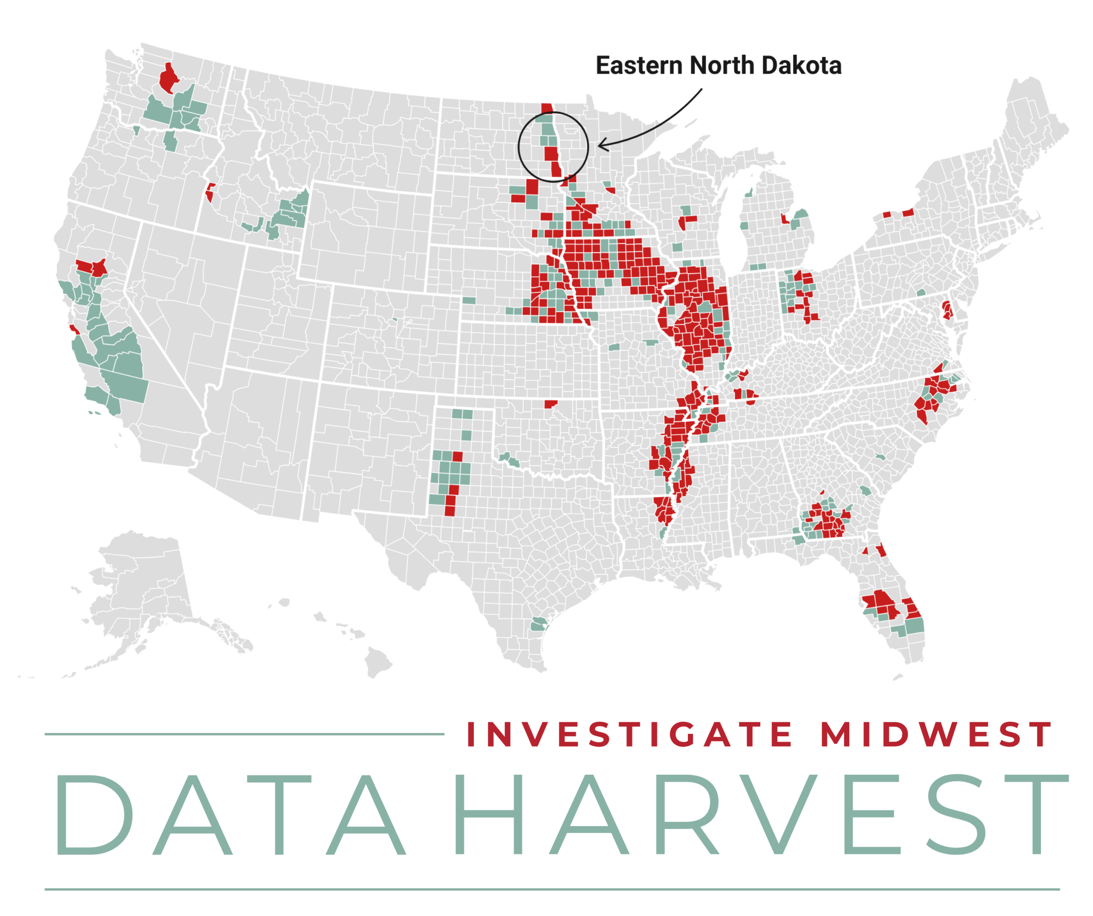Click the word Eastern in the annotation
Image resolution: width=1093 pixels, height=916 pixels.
click(x=639, y=66)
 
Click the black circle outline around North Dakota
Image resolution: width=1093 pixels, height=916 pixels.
click(x=519, y=147)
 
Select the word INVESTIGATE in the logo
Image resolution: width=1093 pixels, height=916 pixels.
click(x=629, y=734)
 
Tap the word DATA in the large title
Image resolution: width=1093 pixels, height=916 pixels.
click(x=229, y=814)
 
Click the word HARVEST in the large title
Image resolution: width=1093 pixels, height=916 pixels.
click(x=760, y=814)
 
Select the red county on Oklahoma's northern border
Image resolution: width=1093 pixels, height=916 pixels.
click(x=550, y=404)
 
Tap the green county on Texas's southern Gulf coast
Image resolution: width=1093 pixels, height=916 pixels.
click(x=539, y=623)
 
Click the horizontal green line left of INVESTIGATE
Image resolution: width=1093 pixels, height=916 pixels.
click(x=245, y=734)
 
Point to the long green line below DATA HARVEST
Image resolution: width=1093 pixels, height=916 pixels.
click(x=552, y=890)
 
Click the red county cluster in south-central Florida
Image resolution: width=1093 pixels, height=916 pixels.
click(x=881, y=604)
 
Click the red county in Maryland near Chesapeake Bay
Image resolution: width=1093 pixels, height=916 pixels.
click(x=947, y=310)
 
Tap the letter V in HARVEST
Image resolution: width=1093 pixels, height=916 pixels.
click(x=779, y=814)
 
